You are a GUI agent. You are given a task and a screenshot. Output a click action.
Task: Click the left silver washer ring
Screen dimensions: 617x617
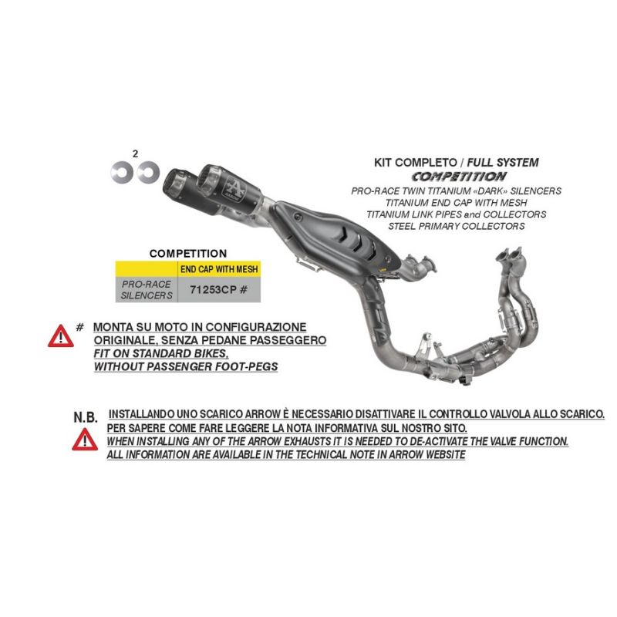pos(114,172)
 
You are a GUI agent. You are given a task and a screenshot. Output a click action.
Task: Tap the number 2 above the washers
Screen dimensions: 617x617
pos(136,153)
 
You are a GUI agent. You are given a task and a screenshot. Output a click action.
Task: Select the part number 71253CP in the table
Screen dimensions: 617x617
pos(213,290)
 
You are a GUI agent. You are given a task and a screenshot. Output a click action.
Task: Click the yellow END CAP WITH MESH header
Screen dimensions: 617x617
pos(219,269)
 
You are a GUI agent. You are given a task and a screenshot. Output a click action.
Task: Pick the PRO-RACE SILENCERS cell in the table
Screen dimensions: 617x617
pos(147,290)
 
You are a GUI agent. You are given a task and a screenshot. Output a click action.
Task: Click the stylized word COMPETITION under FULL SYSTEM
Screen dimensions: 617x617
pos(459,177)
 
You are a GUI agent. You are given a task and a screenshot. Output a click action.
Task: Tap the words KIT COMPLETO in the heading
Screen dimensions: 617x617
pos(416,163)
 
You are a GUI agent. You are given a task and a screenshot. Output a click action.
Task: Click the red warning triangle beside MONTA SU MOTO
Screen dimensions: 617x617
pos(61,336)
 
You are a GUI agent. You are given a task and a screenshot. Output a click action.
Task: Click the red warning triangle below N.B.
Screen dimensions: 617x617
pos(85,440)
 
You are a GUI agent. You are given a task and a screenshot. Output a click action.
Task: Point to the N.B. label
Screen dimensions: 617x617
pos(86,417)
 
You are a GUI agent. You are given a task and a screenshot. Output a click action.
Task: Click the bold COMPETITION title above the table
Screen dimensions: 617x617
pos(188,254)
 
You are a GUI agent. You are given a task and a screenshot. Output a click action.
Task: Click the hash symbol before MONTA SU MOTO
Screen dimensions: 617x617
pos(80,327)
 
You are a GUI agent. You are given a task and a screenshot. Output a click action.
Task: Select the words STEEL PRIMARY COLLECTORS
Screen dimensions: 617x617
pos(457,226)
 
